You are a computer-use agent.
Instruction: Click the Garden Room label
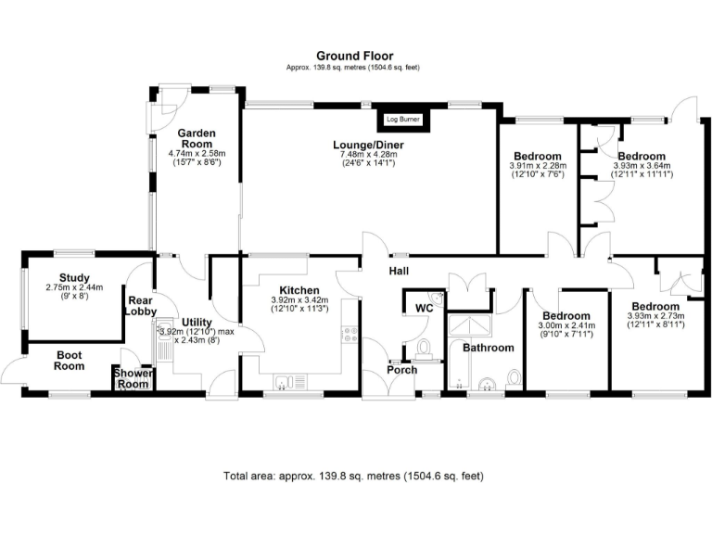(x=197, y=139)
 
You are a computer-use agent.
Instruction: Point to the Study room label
(x=73, y=277)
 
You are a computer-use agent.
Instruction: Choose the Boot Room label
(x=70, y=360)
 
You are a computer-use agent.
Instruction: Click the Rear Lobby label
(x=140, y=306)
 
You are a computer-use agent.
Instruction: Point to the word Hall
(x=400, y=271)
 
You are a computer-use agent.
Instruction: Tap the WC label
(x=424, y=307)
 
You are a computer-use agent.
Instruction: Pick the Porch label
(x=402, y=370)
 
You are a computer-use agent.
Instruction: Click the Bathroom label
(x=488, y=348)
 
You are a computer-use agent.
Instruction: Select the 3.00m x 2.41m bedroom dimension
(x=566, y=325)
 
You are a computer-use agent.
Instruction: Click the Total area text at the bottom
(x=353, y=476)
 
